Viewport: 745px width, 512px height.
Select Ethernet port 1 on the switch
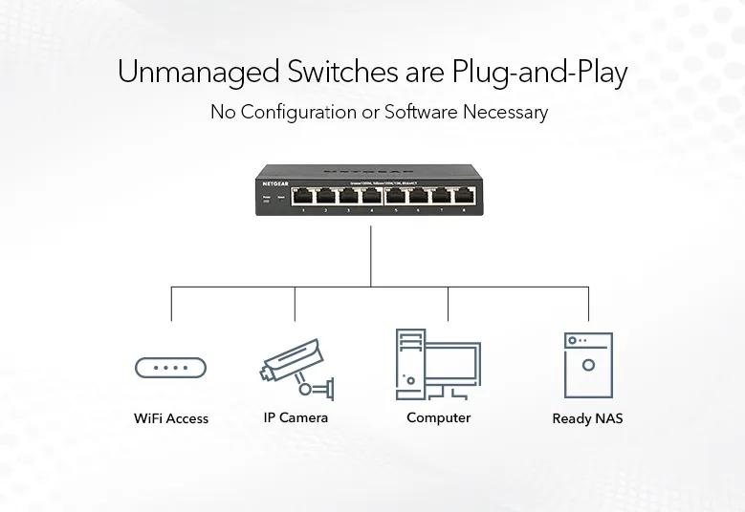pyautogui.click(x=303, y=196)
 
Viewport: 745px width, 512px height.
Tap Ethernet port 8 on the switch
pyautogui.click(x=466, y=196)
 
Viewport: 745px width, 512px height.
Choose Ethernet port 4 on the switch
pyautogui.click(x=371, y=196)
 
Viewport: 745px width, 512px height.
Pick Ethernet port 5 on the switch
pyautogui.click(x=397, y=196)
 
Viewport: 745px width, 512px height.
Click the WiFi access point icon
pyautogui.click(x=171, y=368)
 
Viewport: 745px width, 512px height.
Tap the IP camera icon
pyautogui.click(x=296, y=367)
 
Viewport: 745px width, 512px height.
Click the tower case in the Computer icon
pyautogui.click(x=410, y=364)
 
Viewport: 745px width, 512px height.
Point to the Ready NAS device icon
pyautogui.click(x=588, y=365)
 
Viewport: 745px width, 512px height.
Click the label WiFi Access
pyautogui.click(x=171, y=418)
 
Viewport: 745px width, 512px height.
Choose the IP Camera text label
pyautogui.click(x=296, y=417)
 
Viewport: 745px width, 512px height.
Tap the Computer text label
pyautogui.click(x=439, y=417)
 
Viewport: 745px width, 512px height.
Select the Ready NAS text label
pyautogui.click(x=588, y=418)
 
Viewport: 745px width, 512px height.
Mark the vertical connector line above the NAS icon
pyautogui.click(x=588, y=304)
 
